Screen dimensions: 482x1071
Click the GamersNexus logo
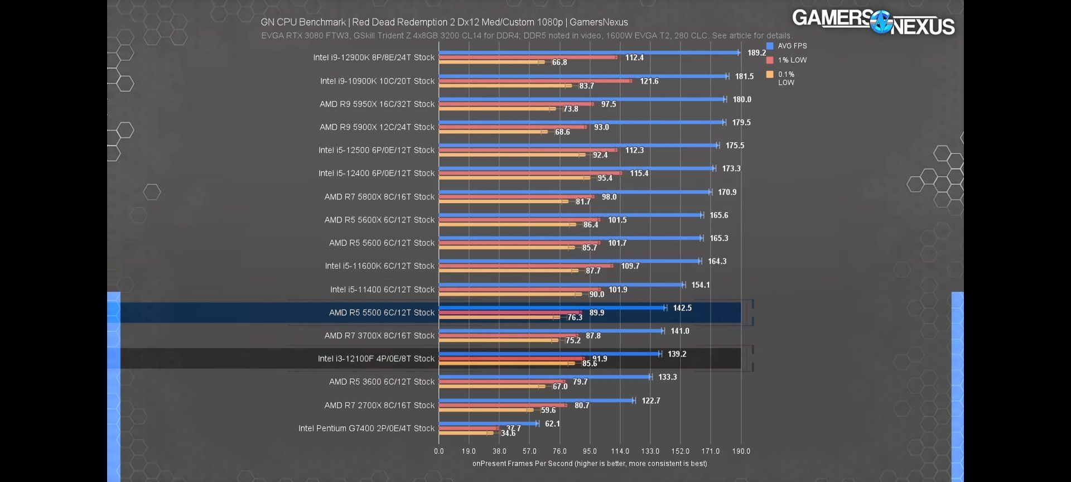click(x=873, y=22)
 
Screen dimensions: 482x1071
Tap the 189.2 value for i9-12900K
click(x=756, y=53)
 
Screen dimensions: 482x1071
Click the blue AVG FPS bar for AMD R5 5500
click(x=552, y=308)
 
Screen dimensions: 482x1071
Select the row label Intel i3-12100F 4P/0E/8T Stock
click(x=376, y=359)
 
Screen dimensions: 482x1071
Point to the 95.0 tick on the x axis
click(x=590, y=451)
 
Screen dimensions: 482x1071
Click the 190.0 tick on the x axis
click(x=741, y=451)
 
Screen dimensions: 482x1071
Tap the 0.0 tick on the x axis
click(x=439, y=451)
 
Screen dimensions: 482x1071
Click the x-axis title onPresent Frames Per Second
click(x=590, y=464)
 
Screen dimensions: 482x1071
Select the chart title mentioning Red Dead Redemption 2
click(x=444, y=22)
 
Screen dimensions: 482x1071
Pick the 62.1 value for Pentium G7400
click(x=552, y=424)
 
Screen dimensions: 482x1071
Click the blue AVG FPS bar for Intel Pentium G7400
click(x=488, y=423)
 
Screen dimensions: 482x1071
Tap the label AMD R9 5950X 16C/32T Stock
click(x=377, y=104)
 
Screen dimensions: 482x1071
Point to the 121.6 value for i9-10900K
click(x=649, y=81)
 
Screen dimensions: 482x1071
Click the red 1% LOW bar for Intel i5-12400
click(x=530, y=173)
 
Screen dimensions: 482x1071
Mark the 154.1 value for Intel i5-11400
click(x=701, y=285)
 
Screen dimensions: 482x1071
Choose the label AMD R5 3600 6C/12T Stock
click(x=382, y=382)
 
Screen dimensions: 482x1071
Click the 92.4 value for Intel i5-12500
click(x=600, y=155)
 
